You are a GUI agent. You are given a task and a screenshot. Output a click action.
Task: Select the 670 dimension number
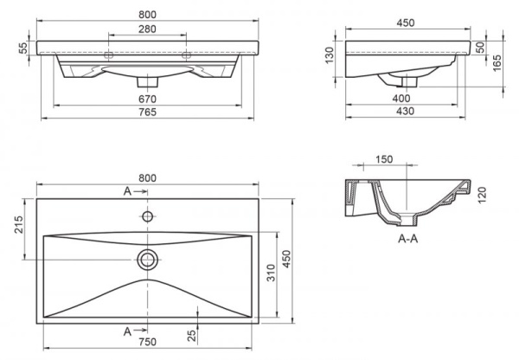pos(148,99)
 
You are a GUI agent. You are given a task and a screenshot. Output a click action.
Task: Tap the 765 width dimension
pos(148,113)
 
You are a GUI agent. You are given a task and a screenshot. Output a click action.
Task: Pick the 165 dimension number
pos(497,63)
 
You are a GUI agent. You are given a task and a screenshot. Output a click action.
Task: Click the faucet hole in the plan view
pos(148,214)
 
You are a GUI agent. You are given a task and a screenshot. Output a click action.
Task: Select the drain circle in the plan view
pos(148,257)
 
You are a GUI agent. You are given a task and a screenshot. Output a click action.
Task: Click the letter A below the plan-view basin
pos(127,331)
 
